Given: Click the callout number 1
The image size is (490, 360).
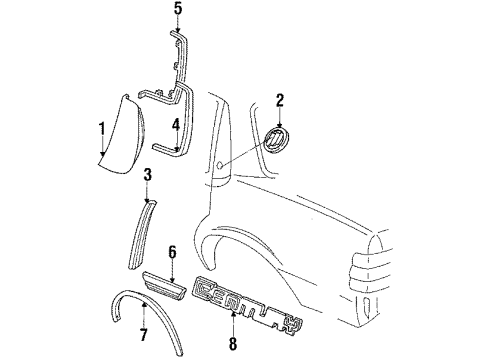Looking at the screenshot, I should tap(101, 128).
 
